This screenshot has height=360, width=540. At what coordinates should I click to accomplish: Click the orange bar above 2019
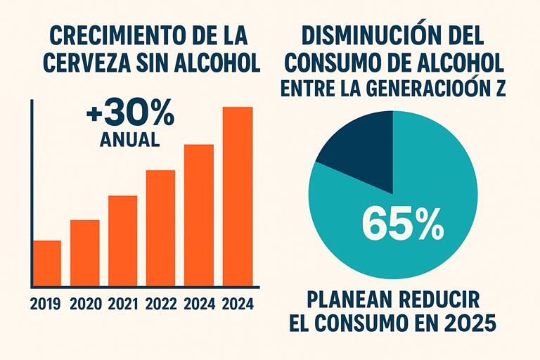click(x=48, y=263)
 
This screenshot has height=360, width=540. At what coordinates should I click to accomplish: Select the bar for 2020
click(x=85, y=252)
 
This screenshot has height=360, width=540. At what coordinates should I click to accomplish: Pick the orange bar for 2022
click(x=161, y=228)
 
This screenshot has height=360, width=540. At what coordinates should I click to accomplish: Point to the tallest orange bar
click(x=238, y=196)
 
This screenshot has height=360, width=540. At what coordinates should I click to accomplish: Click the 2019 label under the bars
click(x=47, y=305)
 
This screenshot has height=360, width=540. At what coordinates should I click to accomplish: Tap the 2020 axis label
click(x=85, y=305)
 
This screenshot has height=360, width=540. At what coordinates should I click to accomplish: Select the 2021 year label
click(x=123, y=305)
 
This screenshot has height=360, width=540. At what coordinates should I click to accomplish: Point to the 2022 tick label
click(x=161, y=305)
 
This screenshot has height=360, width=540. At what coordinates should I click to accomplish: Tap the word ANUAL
click(x=130, y=139)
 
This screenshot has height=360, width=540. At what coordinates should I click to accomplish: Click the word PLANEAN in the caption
click(x=349, y=301)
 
